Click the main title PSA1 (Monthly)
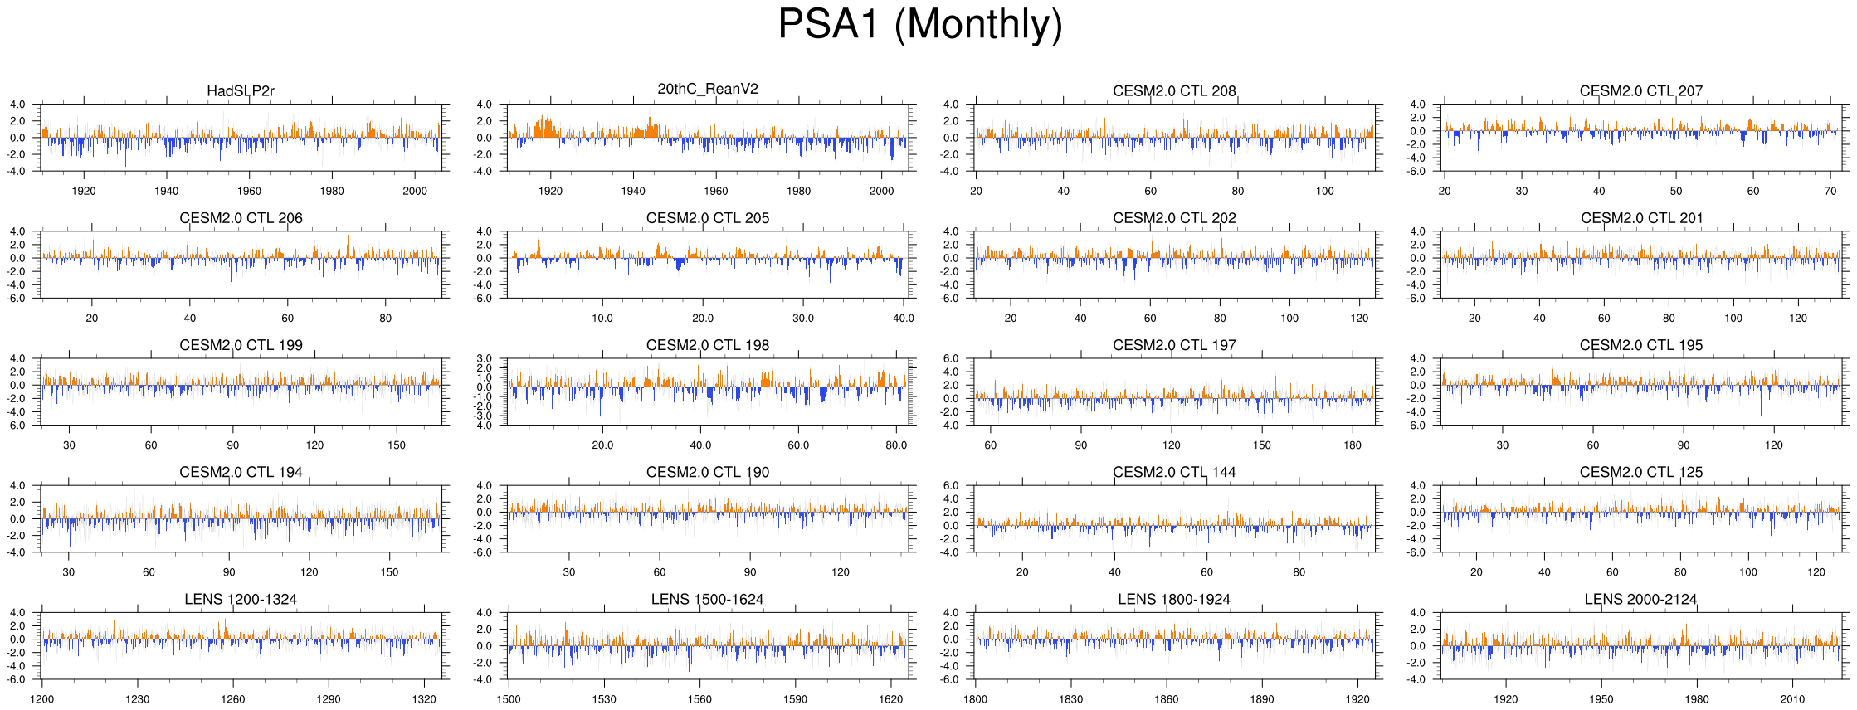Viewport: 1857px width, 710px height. pyautogui.click(x=919, y=25)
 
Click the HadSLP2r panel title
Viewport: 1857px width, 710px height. pyautogui.click(x=241, y=91)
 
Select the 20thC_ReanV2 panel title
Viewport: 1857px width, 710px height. pyautogui.click(x=708, y=89)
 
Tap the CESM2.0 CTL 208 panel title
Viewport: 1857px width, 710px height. pyautogui.click(x=1174, y=91)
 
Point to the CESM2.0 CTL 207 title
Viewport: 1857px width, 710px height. pyautogui.click(x=1640, y=91)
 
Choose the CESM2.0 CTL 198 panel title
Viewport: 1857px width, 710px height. pyautogui.click(x=708, y=345)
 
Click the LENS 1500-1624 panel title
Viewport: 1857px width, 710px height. pyautogui.click(x=708, y=599)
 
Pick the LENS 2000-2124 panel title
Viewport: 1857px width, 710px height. pyautogui.click(x=1640, y=599)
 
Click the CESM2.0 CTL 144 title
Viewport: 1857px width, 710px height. pyautogui.click(x=1174, y=472)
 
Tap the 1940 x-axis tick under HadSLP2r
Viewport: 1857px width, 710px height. pyautogui.click(x=167, y=191)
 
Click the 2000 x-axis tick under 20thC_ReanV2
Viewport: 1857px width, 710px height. pyautogui.click(x=882, y=191)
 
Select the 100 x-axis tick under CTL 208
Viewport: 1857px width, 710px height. pyautogui.click(x=1325, y=191)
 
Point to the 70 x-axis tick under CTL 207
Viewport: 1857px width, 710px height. pyautogui.click(x=1830, y=191)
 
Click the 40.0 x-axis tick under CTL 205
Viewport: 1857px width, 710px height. pyautogui.click(x=904, y=318)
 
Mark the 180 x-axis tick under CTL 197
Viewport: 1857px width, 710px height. pyautogui.click(x=1353, y=445)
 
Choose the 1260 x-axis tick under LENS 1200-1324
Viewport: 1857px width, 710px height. pyautogui.click(x=233, y=699)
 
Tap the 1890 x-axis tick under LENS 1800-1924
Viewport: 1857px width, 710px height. pyautogui.click(x=1262, y=699)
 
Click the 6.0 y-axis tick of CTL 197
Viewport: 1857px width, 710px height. pyautogui.click(x=952, y=358)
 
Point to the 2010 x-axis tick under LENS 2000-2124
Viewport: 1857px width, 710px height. pyautogui.click(x=1792, y=699)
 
